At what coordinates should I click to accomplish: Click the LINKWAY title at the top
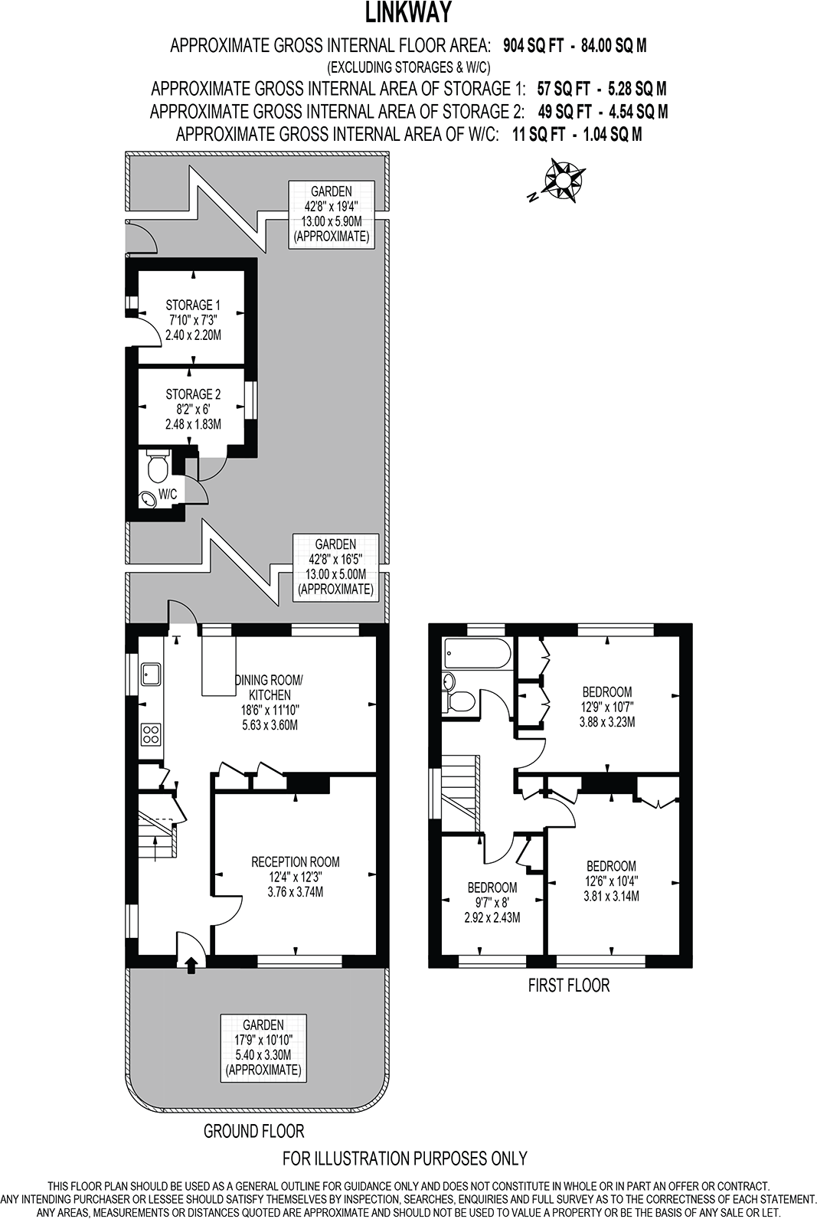408,13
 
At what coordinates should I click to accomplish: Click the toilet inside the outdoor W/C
158,466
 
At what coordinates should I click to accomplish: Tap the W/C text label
168,495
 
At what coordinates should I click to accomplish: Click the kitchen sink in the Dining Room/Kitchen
149,674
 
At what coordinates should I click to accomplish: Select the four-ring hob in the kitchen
151,735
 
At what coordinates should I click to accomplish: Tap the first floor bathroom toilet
460,701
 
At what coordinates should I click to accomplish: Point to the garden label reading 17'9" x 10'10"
263,1047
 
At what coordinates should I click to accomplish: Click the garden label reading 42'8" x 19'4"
331,214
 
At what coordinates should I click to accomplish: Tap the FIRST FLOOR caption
568,985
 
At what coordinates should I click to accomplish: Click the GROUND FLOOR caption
253,1130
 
